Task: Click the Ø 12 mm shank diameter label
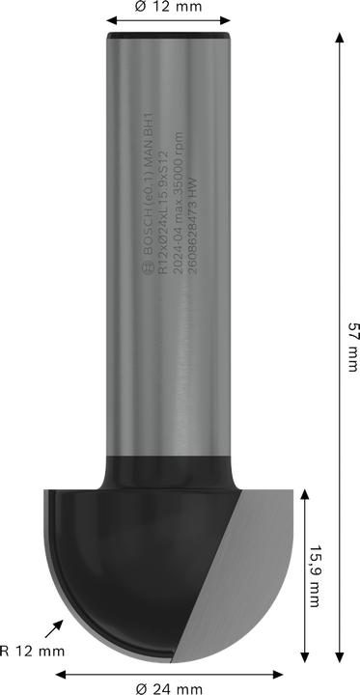click(168, 7)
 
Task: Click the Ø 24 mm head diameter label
click(169, 688)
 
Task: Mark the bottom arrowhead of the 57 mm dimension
click(341, 653)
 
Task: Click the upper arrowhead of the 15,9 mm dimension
click(305, 495)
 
